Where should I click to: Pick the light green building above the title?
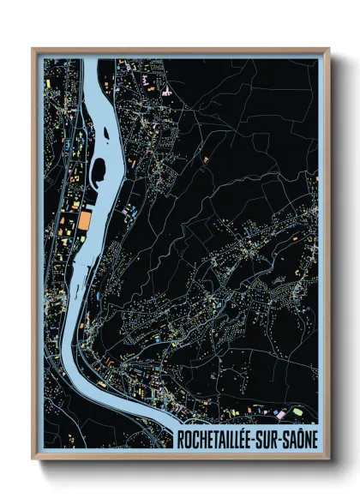(298, 411)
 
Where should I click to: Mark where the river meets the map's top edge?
(92, 60)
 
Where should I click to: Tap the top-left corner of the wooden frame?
(33, 48)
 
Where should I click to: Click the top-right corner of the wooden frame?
(328, 48)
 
